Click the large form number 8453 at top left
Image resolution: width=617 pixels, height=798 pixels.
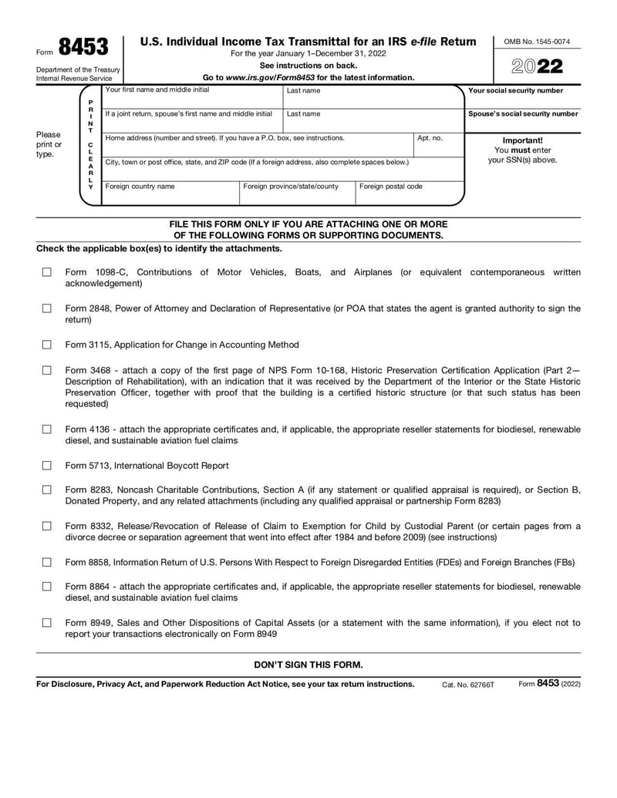[83, 49]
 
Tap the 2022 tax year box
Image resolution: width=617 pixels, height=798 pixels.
[538, 66]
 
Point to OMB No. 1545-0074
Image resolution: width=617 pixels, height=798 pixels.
[538, 42]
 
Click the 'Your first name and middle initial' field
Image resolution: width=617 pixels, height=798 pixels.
[192, 99]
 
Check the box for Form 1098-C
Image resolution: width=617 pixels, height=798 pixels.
[47, 272]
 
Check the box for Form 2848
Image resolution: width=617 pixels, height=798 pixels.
[47, 308]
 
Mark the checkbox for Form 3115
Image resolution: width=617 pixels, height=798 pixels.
[47, 345]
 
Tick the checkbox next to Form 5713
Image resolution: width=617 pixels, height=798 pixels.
[47, 466]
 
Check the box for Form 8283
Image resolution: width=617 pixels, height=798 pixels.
[47, 490]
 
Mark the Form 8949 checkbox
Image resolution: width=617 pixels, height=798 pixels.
[47, 622]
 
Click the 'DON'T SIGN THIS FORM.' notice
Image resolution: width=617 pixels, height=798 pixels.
[308, 665]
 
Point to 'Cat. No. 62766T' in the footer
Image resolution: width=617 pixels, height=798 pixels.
[468, 685]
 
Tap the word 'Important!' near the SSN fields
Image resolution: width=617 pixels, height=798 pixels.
[522, 140]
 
